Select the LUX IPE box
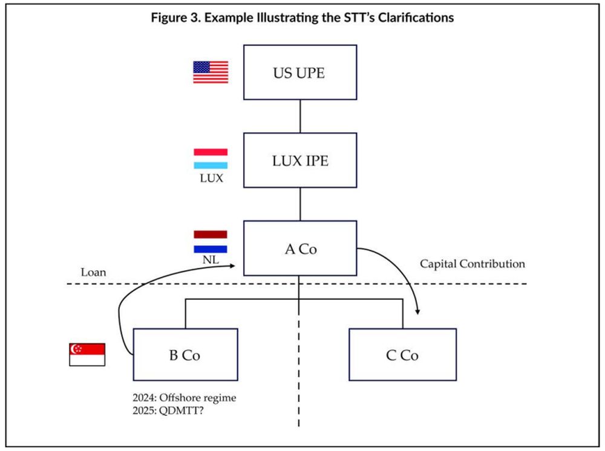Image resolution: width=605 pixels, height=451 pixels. pyautogui.click(x=300, y=161)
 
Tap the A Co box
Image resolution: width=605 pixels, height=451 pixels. pyautogui.click(x=300, y=248)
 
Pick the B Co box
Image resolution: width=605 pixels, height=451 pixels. pyautogui.click(x=185, y=355)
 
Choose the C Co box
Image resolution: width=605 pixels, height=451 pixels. pyautogui.click(x=402, y=355)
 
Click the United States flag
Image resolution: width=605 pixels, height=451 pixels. pyautogui.click(x=211, y=72)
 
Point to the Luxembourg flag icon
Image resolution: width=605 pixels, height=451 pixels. pyautogui.click(x=211, y=158)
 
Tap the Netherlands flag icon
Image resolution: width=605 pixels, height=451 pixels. pyautogui.click(x=211, y=241)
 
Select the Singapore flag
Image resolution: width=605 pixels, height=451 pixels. pyautogui.click(x=88, y=354)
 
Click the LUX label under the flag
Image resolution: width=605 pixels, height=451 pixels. pyautogui.click(x=211, y=179)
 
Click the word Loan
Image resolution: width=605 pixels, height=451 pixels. pyautogui.click(x=93, y=272)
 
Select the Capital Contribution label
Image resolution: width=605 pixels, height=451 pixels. pyautogui.click(x=472, y=264)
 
